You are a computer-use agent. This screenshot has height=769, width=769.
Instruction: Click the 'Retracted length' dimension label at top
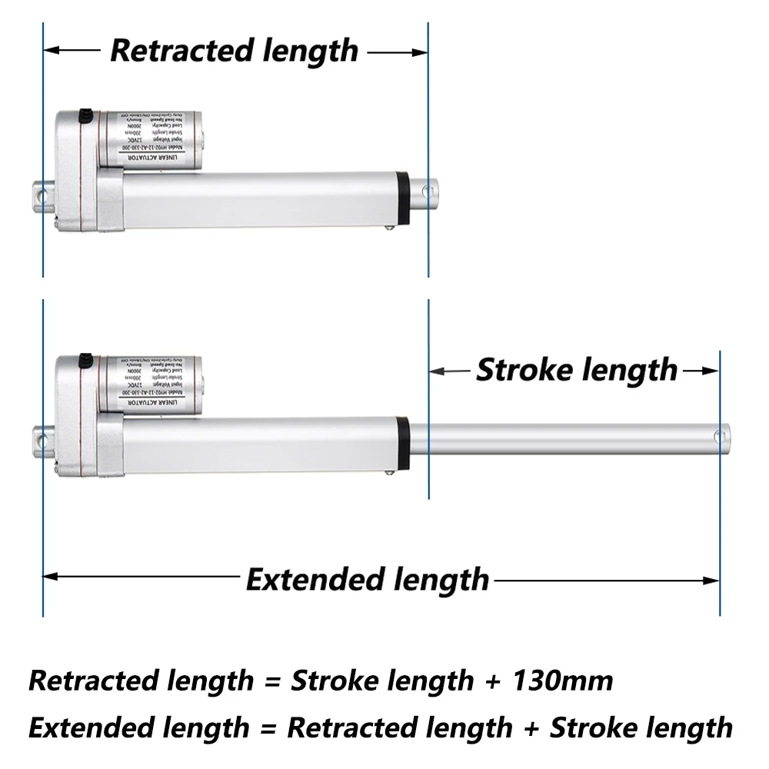click(235, 51)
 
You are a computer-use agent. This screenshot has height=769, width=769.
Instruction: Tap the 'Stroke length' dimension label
click(577, 370)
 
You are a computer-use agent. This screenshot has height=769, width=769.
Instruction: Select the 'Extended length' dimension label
click(368, 579)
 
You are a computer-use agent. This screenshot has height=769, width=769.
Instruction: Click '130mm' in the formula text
click(566, 681)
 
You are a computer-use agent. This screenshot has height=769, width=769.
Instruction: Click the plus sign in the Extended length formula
click(531, 727)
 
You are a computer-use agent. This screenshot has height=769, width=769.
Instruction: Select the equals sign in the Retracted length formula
click(271, 681)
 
